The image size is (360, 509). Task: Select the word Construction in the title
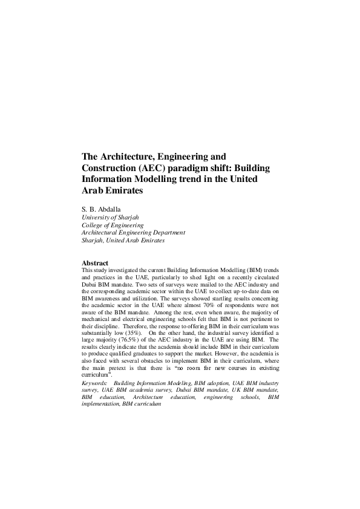click(109, 167)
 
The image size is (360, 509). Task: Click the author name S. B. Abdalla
click(102, 210)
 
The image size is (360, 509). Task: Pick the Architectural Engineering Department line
click(133, 232)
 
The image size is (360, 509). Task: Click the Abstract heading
click(95, 263)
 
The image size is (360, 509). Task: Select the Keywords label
click(94, 384)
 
